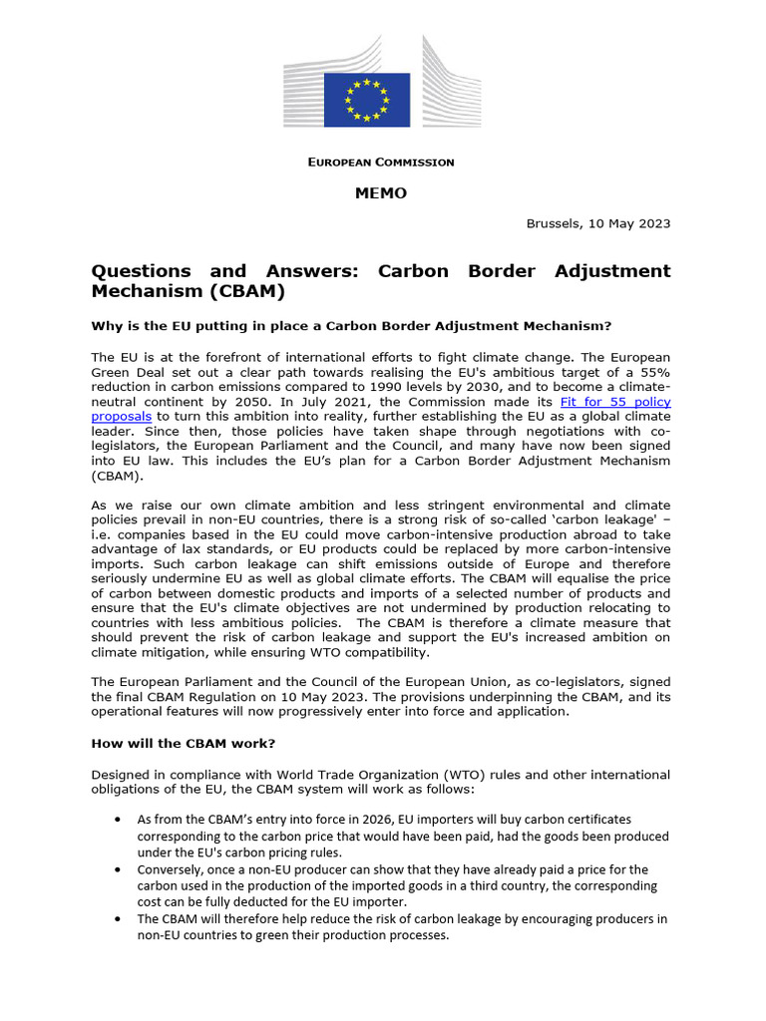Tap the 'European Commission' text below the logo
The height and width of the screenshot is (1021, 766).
pyautogui.click(x=380, y=162)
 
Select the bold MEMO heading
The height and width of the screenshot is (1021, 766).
pyautogui.click(x=381, y=192)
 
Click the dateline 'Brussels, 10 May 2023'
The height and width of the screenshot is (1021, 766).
pyautogui.click(x=597, y=223)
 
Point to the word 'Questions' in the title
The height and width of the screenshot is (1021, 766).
pyautogui.click(x=139, y=271)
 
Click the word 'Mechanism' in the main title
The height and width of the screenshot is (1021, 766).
pyautogui.click(x=144, y=292)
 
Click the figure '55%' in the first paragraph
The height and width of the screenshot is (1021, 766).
pyautogui.click(x=653, y=371)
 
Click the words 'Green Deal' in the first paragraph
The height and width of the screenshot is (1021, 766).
pyautogui.click(x=129, y=371)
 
